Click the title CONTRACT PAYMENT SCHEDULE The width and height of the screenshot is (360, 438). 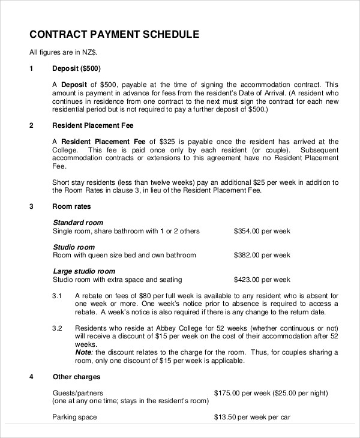114,34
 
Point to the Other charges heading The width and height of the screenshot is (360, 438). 77,377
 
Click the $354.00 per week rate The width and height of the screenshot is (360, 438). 262,231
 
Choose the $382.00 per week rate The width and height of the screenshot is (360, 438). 262,255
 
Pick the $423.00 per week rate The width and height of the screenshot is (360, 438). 262,280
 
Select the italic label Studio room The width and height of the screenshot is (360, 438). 74,247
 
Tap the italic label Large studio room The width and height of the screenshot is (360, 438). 84,271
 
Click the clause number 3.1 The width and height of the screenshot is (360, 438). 58,296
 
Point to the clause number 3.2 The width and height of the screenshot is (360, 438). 58,328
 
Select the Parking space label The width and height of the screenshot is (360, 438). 75,417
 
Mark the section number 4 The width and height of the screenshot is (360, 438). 31,377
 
